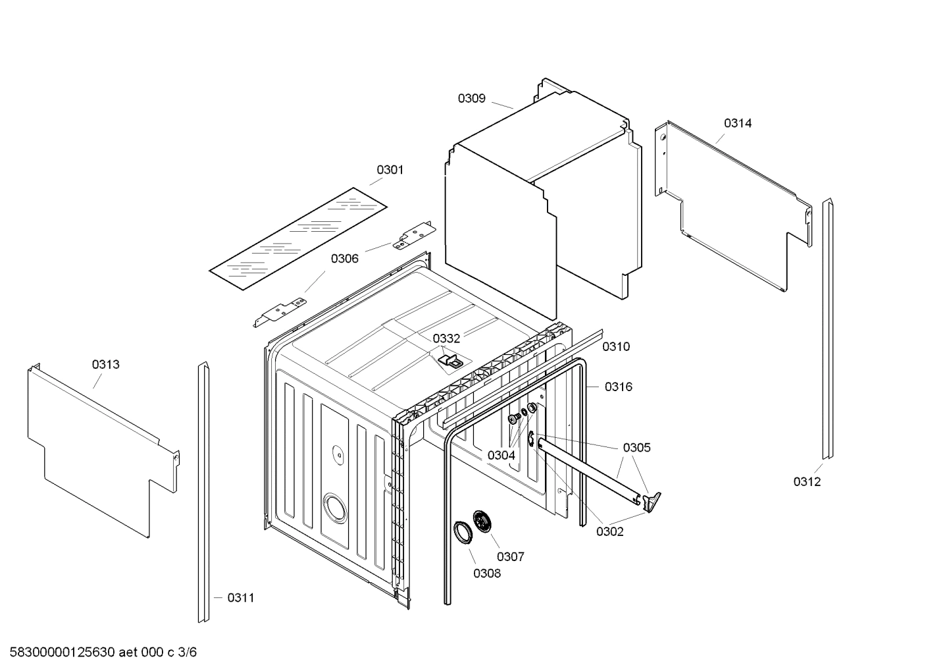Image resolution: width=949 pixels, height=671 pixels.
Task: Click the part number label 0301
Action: (x=390, y=170)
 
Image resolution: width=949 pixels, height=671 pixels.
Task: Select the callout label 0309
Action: (x=471, y=98)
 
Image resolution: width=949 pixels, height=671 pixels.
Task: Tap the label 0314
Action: (x=738, y=123)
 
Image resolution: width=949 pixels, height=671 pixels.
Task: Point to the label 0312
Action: (x=807, y=481)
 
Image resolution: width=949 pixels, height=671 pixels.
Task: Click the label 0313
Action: (x=105, y=364)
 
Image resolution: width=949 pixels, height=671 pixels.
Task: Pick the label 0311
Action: (x=240, y=598)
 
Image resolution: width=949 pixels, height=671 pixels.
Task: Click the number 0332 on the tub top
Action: (x=446, y=338)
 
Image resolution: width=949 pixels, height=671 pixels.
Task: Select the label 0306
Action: (x=344, y=258)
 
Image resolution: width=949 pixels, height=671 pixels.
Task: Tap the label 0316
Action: (x=618, y=387)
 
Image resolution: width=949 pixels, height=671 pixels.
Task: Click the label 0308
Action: (x=487, y=573)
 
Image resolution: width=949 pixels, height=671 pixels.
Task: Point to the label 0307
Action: (x=511, y=556)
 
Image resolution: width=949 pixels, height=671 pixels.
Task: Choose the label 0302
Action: (x=609, y=531)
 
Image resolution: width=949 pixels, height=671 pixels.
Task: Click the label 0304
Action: (x=501, y=455)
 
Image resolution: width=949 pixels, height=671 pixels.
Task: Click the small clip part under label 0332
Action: (x=451, y=360)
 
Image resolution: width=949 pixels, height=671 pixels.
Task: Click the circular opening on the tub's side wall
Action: (x=335, y=508)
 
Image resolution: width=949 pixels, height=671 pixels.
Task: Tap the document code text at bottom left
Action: (x=99, y=653)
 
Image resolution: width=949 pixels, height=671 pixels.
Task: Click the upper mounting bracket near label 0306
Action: (x=414, y=235)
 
